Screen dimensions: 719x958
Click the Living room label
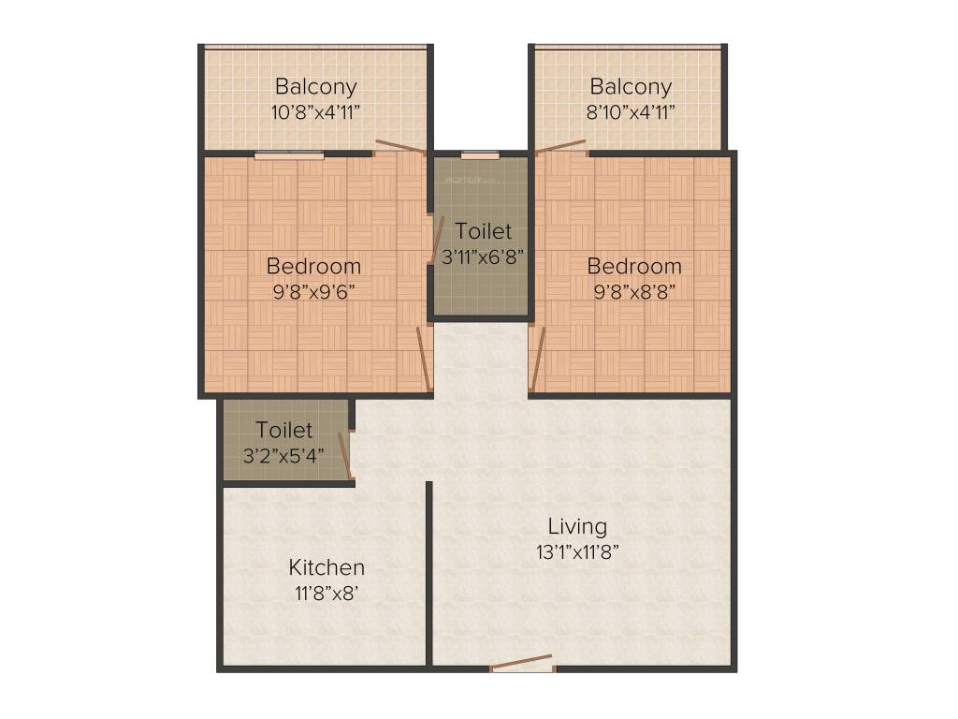(577, 526)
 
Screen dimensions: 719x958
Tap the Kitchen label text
(327, 567)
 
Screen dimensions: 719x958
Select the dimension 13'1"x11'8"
(577, 551)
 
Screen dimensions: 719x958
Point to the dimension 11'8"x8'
(327, 592)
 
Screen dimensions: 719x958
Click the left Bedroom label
(313, 266)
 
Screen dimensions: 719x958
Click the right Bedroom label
(634, 266)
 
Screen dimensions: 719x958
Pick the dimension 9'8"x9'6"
(313, 290)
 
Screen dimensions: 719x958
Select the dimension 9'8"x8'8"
(634, 290)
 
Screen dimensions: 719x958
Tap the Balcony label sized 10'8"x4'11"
(315, 87)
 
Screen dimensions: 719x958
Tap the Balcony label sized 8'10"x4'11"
(631, 87)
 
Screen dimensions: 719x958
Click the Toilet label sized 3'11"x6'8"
(484, 230)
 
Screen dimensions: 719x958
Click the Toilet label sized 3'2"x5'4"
(284, 431)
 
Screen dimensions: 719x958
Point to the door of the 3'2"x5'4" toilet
(344, 456)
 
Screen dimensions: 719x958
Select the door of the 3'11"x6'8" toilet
(437, 240)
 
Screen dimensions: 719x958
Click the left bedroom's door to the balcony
(399, 146)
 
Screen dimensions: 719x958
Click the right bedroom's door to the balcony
(561, 146)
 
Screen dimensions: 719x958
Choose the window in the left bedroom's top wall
(289, 155)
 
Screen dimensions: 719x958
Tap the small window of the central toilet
(480, 155)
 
